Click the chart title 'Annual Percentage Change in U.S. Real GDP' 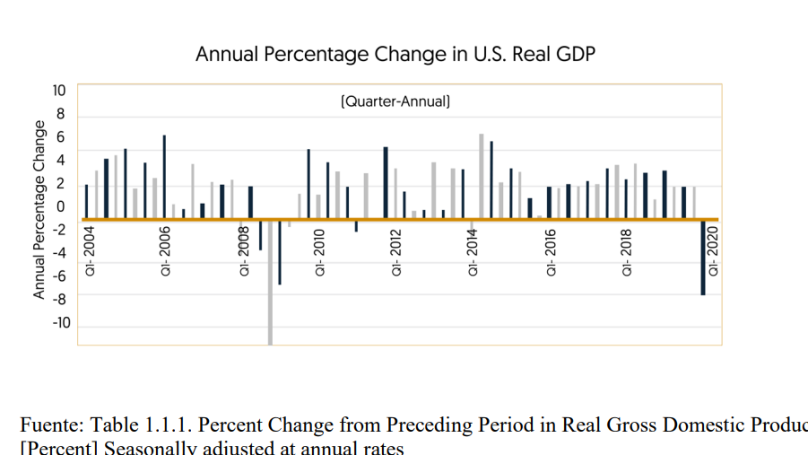pyautogui.click(x=395, y=54)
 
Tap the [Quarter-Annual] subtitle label pyautogui.click(x=395, y=102)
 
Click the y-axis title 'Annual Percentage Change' pyautogui.click(x=39, y=209)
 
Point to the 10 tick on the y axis pyautogui.click(x=59, y=91)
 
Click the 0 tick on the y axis pyautogui.click(x=62, y=207)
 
